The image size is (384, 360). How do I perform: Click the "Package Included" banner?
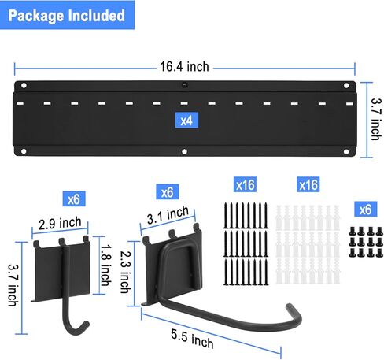[x=67, y=15]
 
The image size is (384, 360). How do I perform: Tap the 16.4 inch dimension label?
[x=184, y=67]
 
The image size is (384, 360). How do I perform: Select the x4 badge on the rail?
[x=186, y=121]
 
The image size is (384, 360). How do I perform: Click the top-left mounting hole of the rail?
[x=24, y=86]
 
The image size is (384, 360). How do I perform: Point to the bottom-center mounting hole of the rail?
[x=184, y=151]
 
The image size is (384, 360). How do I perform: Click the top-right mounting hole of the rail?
[x=346, y=85]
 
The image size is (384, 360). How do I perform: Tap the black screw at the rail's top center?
[x=185, y=85]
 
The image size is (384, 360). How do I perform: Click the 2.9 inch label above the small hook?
[x=60, y=224]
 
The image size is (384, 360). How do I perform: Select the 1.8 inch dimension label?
[x=105, y=265]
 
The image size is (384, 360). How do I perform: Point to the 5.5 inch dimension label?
[x=192, y=339]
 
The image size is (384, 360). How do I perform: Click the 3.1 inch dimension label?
[x=168, y=215]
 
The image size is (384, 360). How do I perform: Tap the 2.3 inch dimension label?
[x=125, y=272]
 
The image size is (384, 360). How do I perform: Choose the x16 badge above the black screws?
[x=245, y=184]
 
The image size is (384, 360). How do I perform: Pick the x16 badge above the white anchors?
[x=308, y=184]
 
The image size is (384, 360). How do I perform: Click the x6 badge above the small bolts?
[x=366, y=210]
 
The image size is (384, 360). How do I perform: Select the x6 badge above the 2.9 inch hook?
[x=74, y=199]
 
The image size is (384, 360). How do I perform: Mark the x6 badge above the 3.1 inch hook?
[x=168, y=192]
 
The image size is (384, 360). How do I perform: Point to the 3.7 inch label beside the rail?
[x=376, y=120]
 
